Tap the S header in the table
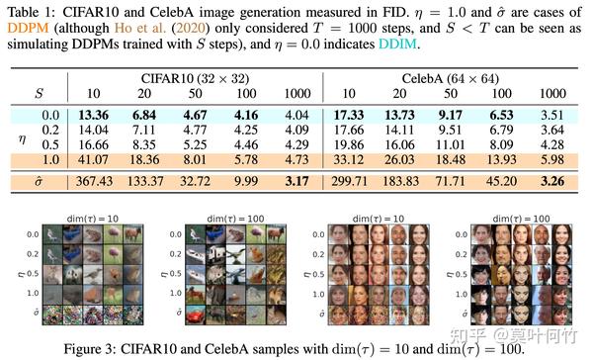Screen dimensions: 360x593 [38, 92]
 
